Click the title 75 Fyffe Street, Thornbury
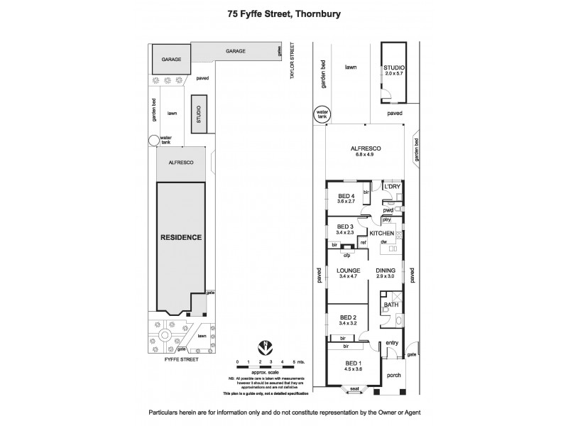pos(283,12)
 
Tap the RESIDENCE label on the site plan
pos(180,237)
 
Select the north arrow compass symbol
pos(265,348)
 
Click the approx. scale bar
pos(265,366)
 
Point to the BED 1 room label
pos(347,363)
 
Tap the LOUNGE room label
pos(347,271)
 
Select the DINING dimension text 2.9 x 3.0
pos(386,277)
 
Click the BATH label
pos(390,305)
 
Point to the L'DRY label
pos(393,186)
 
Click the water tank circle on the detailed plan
pos(323,114)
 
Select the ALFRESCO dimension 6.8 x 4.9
pos(366,155)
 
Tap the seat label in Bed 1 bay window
pos(353,388)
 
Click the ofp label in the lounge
pos(347,256)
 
